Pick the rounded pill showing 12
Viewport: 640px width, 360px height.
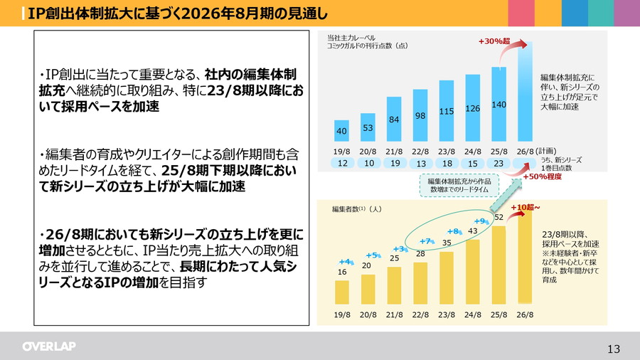[x=341, y=164]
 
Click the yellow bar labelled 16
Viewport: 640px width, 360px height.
[x=341, y=292]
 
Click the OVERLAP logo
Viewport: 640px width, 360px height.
[x=48, y=346]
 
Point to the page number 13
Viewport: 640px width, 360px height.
[x=614, y=349]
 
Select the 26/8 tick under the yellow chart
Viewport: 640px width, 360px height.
[x=525, y=314]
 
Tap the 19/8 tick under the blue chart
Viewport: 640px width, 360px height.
[x=341, y=152]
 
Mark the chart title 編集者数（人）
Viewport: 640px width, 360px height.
[x=357, y=209]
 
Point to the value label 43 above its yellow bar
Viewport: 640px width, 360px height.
[x=473, y=231]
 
